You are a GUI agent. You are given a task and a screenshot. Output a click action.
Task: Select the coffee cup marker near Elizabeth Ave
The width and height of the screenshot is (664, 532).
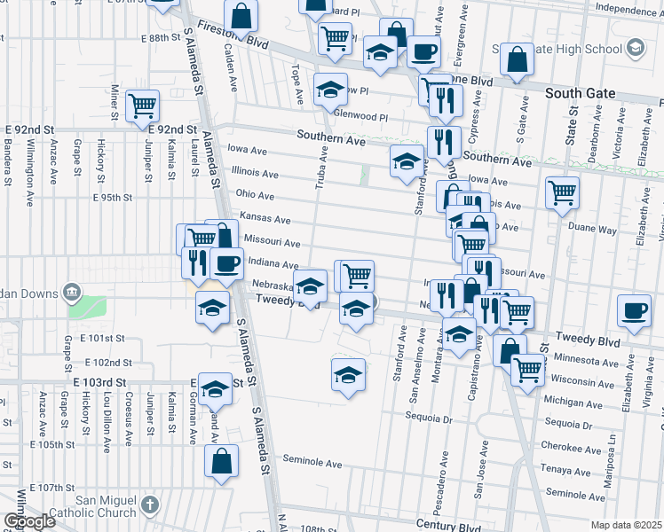pos(634,311)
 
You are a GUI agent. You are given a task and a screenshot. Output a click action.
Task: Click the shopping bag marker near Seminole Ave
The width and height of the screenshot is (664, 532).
pos(221,461)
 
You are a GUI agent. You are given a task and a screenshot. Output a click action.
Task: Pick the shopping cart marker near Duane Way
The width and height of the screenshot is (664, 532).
pos(562,192)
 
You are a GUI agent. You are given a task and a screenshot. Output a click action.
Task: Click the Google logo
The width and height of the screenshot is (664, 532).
pos(28,521)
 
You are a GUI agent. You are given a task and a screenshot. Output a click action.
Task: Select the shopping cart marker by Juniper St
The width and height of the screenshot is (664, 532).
pos(142,106)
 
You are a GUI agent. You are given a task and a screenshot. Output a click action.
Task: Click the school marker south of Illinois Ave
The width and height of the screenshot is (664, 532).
pos(407,161)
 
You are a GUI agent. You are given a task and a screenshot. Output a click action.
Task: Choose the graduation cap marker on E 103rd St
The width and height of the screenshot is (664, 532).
pos(214,388)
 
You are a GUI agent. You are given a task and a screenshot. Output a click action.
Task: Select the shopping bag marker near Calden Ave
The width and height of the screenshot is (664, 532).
pos(241,15)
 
